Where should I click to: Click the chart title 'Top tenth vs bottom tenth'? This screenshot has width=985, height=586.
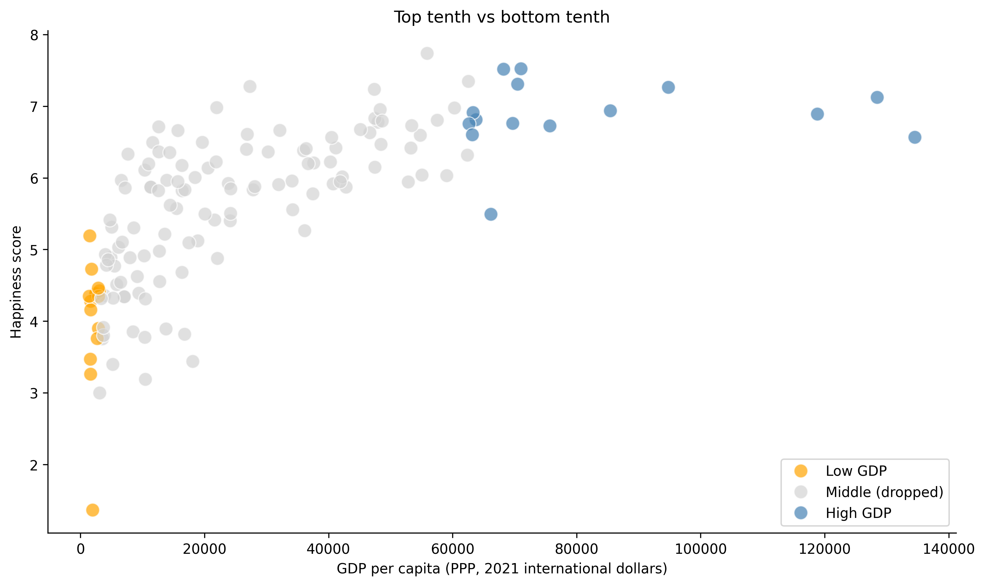coord(501,17)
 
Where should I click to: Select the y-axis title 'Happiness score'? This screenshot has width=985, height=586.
coord(16,282)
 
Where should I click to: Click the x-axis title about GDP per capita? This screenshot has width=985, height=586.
coord(502,569)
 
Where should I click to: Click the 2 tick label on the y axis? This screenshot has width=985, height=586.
coord(34,465)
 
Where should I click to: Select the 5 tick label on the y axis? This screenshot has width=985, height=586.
coord(34,250)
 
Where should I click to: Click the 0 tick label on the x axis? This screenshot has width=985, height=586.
coord(81,549)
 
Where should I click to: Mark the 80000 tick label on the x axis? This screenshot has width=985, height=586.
coord(576,549)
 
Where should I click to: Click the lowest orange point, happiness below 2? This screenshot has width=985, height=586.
coord(92,510)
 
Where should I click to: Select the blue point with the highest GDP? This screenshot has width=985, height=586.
coord(915,137)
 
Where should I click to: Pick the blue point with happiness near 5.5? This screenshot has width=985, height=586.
coord(491,214)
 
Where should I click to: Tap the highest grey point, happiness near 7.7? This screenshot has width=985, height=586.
coord(427,53)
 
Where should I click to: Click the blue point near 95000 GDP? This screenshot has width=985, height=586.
coord(668,87)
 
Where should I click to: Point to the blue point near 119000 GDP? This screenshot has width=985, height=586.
coord(817,114)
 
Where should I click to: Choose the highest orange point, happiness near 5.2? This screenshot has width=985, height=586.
coord(90,236)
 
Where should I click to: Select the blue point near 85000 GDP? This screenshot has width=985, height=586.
coord(610,111)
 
